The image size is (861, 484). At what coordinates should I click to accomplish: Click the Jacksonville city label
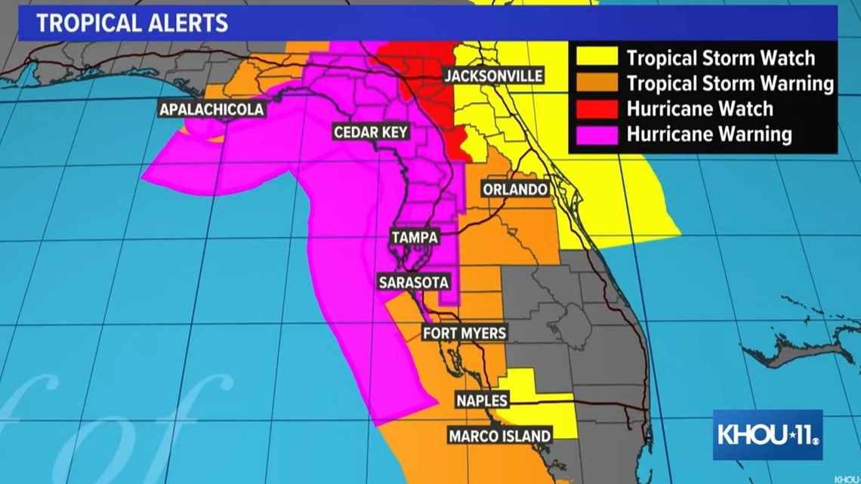point(493,76)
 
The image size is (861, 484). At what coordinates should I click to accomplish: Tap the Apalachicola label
point(212,109)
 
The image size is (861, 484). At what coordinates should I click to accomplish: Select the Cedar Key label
point(371,133)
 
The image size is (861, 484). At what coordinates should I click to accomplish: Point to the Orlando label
point(515,189)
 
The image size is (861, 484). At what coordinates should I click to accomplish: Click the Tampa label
point(415,237)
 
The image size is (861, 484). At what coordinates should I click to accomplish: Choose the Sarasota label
point(414,282)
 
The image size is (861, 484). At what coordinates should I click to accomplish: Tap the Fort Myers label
point(464,333)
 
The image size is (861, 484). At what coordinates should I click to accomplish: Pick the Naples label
point(482,400)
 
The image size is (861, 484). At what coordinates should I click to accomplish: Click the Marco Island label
point(500,436)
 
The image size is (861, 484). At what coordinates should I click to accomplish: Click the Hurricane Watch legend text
point(699,109)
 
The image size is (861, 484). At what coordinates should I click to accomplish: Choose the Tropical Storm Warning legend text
point(730,83)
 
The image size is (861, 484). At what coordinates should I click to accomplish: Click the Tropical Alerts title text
point(132,23)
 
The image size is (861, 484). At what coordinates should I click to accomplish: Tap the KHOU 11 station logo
point(767,435)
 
